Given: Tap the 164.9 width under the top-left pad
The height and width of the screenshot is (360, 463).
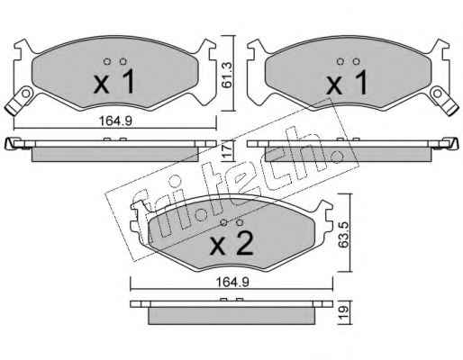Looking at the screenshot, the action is (x=115, y=121).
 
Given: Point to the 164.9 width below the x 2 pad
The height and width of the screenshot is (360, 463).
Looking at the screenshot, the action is (x=232, y=283).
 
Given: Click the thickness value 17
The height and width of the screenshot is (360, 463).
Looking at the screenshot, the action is (x=228, y=151).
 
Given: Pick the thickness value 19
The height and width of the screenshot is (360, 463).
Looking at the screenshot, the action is (x=345, y=312).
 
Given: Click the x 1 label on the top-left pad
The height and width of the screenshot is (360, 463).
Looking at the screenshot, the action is (x=113, y=82).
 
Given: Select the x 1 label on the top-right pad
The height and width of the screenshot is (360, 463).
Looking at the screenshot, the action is (x=347, y=82).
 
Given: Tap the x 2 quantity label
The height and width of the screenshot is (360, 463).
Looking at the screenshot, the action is (x=231, y=244).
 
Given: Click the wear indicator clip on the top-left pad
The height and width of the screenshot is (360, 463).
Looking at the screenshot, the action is (x=20, y=100).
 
